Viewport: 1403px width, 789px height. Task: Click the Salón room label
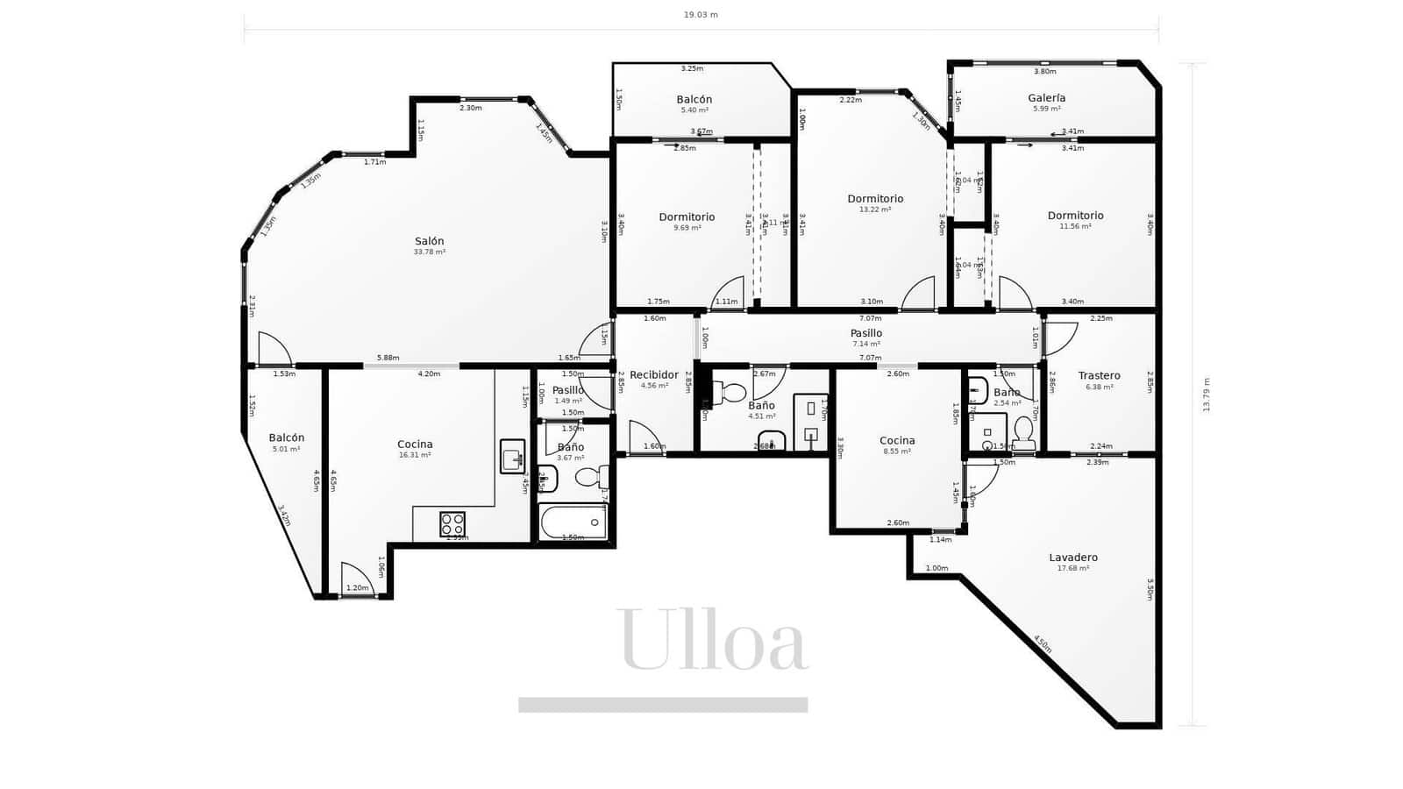[x=430, y=241]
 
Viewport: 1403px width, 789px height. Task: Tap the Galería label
[x=1047, y=98]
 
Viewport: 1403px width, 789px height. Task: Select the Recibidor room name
[x=654, y=374]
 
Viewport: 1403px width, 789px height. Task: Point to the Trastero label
[x=1099, y=375]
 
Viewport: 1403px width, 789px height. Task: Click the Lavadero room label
[x=1073, y=558]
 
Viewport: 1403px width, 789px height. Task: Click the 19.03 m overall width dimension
[x=701, y=15]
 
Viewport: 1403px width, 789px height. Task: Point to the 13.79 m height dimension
[x=1207, y=394]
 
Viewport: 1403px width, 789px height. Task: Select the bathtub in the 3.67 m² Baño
[x=573, y=523]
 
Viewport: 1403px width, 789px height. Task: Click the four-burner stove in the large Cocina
[x=452, y=524]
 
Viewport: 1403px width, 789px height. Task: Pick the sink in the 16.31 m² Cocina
[x=512, y=456]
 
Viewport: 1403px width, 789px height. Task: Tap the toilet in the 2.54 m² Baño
[x=1023, y=432]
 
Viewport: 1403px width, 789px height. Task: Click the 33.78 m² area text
[x=430, y=252]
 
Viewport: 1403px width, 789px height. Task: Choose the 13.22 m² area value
[x=875, y=210]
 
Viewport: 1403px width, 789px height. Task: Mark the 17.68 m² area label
[x=1073, y=569]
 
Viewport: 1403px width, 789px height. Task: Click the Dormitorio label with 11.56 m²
[x=1075, y=216]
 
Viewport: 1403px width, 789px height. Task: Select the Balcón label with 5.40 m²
[x=694, y=100]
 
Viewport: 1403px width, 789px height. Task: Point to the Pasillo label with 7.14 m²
[x=866, y=333]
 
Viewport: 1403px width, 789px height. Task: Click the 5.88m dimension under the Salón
[x=388, y=358]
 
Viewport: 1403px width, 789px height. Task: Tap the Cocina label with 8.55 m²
[x=897, y=441]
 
